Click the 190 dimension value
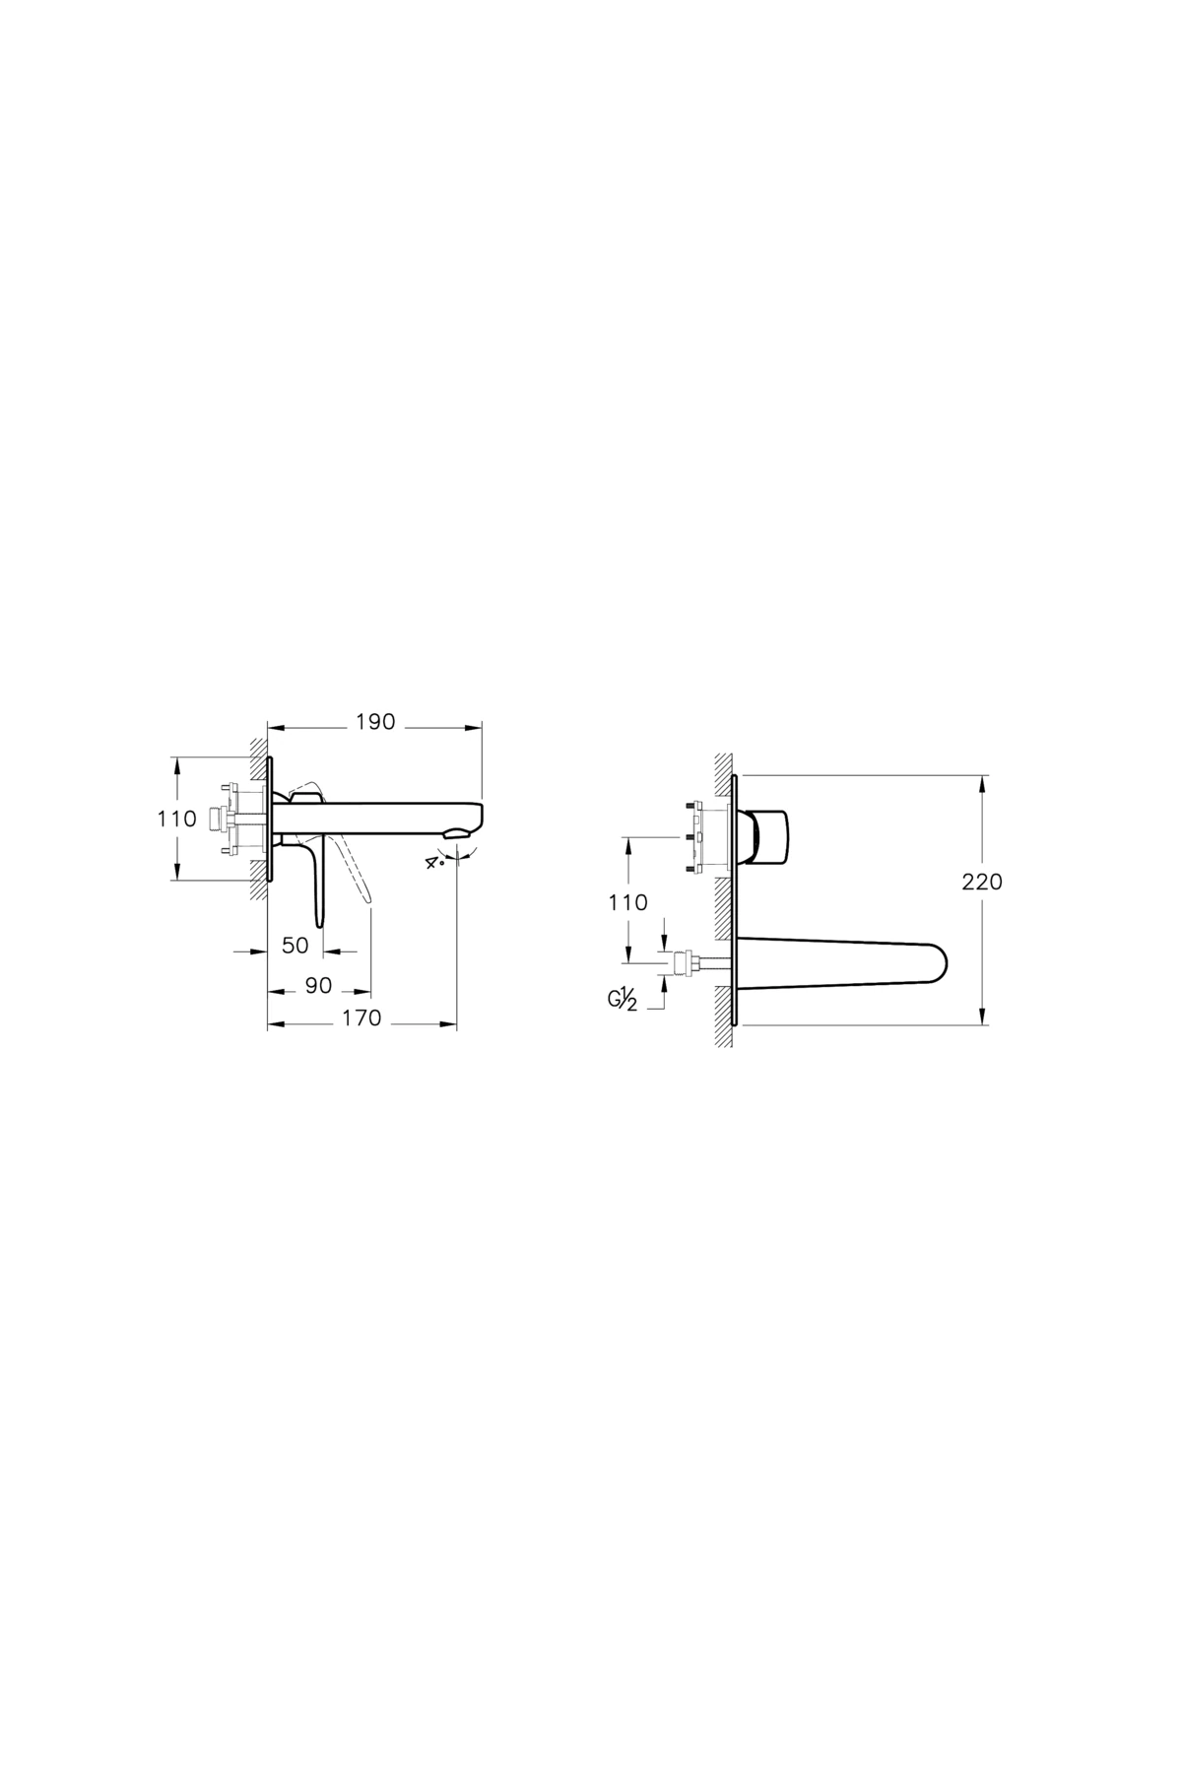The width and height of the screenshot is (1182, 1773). click(x=374, y=722)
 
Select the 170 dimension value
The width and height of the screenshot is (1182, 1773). click(x=362, y=1019)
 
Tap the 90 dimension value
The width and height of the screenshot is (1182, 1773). click(x=318, y=986)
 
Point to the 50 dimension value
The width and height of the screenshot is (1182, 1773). click(x=295, y=946)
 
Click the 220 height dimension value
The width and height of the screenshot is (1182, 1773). click(x=982, y=882)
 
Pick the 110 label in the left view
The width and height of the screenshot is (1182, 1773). click(x=177, y=819)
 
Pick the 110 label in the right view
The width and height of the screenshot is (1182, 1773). click(x=627, y=902)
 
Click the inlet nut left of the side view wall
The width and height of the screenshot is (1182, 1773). click(x=218, y=819)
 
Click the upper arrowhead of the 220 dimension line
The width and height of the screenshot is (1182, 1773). click(x=982, y=781)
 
